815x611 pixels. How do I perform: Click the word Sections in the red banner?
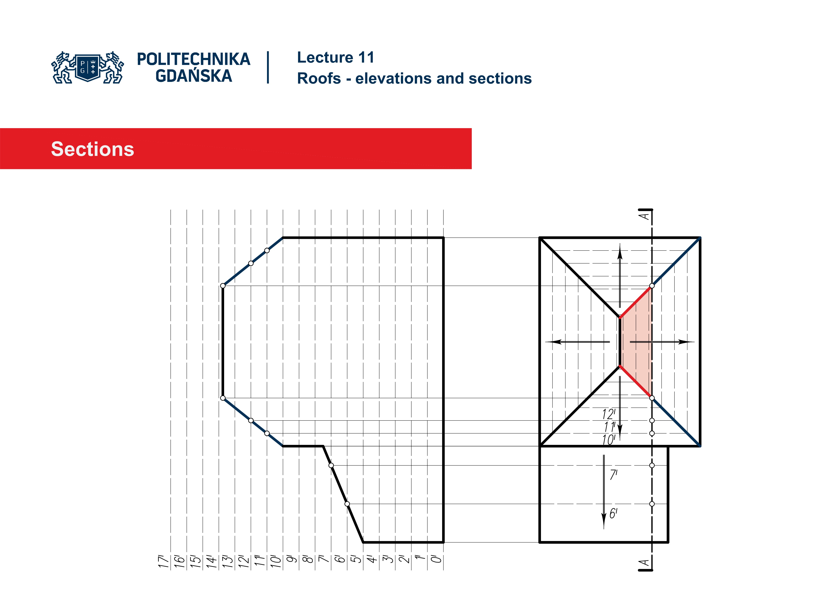93,149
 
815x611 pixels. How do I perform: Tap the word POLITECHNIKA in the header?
193,59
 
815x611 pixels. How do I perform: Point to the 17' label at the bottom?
163,561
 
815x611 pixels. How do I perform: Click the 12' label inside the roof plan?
608,414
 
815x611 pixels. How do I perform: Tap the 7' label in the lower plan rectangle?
613,475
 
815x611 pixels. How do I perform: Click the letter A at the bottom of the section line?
644,563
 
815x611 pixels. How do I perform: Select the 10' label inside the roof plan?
608,440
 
